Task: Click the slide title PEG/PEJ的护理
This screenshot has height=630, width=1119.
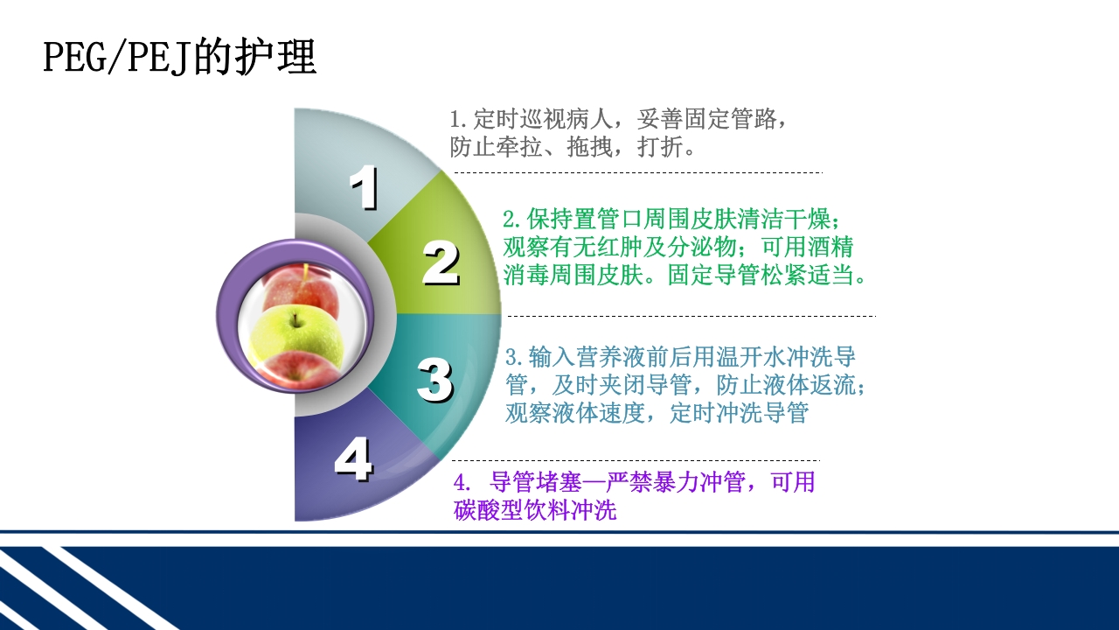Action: coord(179,58)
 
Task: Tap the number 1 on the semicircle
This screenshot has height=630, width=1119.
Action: coord(364,188)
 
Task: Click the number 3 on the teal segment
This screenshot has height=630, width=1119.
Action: coord(434,380)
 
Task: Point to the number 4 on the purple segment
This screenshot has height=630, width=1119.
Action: coord(353,460)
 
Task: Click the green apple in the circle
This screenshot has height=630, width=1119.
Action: coord(295,334)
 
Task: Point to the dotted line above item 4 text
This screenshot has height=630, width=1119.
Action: coord(635,460)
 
